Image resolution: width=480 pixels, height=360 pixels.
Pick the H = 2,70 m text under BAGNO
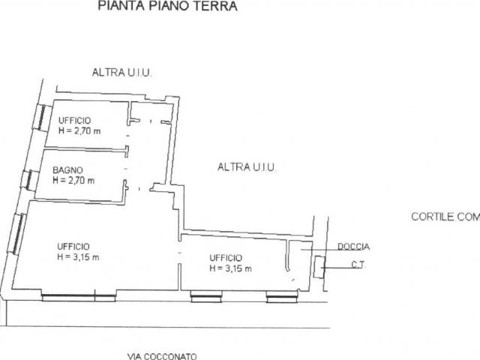point(73,180)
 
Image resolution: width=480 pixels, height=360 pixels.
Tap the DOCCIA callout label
point(353,246)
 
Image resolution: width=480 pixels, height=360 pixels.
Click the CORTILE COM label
point(445,217)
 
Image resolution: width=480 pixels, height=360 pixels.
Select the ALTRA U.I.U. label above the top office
point(122,72)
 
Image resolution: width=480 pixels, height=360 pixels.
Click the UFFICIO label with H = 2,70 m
point(74,120)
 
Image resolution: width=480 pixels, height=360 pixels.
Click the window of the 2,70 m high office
point(40,120)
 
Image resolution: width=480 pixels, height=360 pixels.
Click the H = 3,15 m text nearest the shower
point(230,268)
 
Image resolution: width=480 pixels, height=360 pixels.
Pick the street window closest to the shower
point(281,298)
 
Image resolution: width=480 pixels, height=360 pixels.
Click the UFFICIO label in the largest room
point(73,246)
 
